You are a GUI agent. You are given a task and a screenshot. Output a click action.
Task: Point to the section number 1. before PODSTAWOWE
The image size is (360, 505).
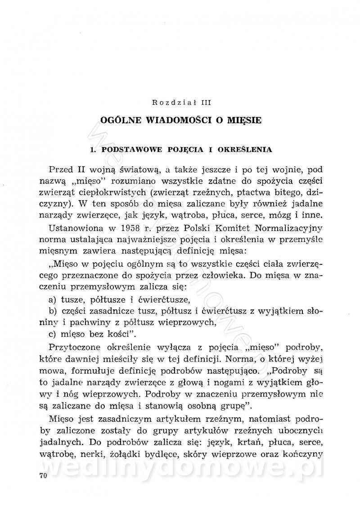[93, 149]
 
